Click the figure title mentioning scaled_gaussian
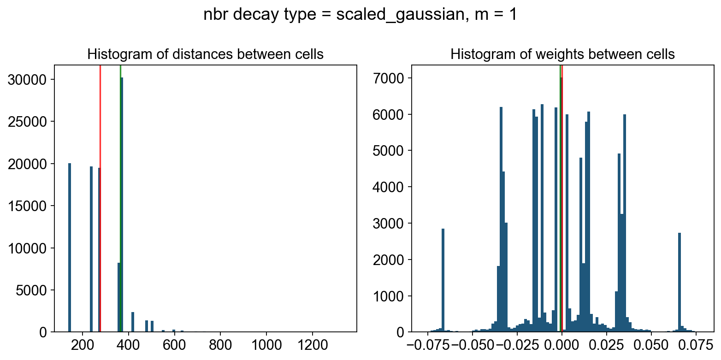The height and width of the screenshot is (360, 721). coord(360,15)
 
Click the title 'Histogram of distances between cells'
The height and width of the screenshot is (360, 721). coord(205,54)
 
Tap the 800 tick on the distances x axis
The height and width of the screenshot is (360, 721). coord(220,345)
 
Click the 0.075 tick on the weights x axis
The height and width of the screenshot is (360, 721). coord(694,345)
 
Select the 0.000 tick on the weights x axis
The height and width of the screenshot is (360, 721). coord(561,345)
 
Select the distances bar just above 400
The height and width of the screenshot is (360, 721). coord(133,322)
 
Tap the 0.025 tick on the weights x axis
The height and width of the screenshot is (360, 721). coord(605,345)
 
